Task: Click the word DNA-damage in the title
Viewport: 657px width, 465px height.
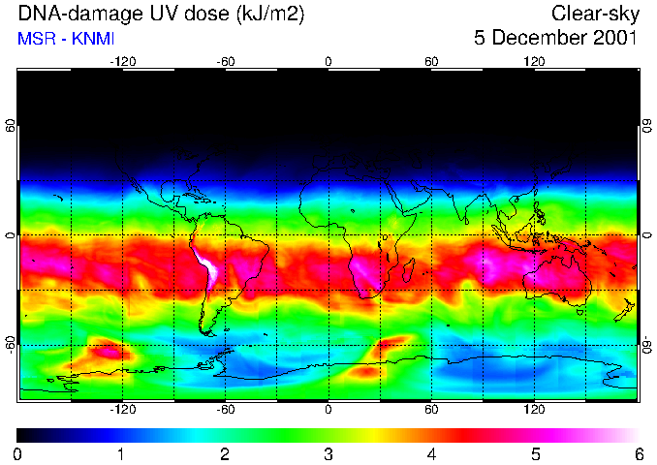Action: (60, 14)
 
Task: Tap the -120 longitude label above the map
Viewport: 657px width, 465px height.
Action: (122, 61)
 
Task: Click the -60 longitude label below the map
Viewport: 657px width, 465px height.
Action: (226, 410)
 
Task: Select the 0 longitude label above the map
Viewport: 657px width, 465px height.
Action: (329, 61)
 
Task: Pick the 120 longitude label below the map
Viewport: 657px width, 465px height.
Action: (535, 410)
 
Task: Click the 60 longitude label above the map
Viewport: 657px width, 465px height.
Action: (432, 61)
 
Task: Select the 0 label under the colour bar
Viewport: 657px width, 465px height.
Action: (18, 453)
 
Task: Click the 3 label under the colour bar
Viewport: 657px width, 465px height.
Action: (328, 453)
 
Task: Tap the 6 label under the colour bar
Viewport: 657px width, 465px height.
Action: (638, 453)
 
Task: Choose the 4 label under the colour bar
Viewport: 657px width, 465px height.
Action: (431, 453)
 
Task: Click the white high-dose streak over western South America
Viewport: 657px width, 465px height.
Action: (207, 266)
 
